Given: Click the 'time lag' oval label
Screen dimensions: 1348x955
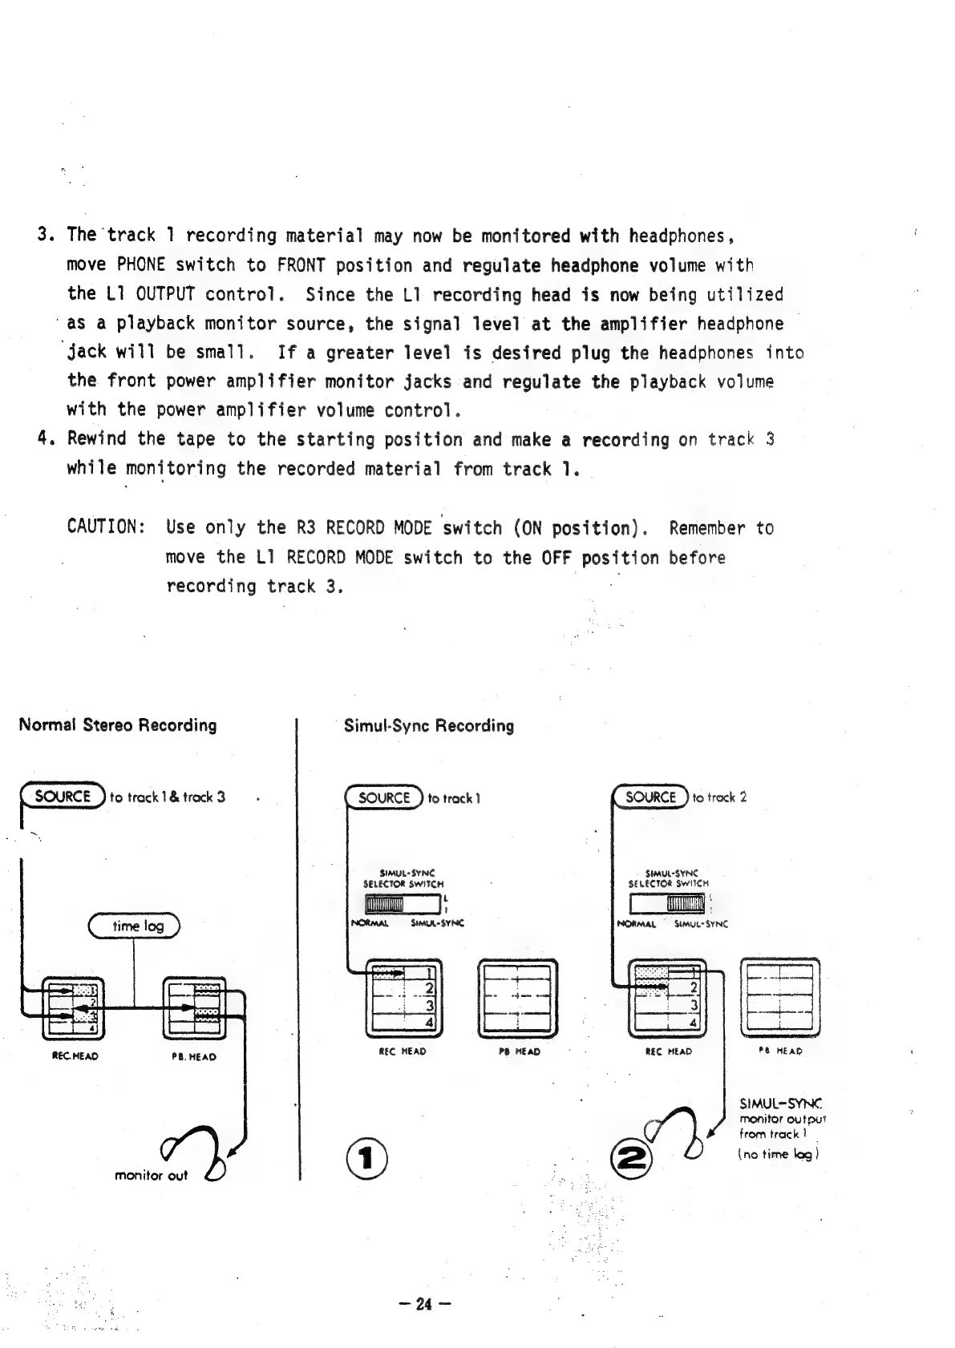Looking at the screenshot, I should point(134,926).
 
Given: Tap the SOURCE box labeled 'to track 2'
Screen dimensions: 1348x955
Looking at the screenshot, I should point(650,797).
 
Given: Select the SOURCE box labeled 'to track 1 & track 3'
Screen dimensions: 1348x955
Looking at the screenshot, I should point(63,797).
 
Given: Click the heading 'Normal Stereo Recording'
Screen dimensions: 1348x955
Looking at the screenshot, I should point(117,725).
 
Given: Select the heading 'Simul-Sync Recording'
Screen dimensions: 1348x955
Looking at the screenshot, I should point(429,726).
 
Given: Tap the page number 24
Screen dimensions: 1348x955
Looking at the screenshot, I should point(425,1304).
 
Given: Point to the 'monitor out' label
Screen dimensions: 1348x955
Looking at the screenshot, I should point(151,1176).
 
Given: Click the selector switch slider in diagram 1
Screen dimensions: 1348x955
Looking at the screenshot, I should point(384,905).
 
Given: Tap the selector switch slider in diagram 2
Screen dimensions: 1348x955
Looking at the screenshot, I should point(686,904).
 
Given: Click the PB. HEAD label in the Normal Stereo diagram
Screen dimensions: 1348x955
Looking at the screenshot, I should point(194,1056).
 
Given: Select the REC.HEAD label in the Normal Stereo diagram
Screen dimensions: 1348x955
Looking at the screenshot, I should point(75,1056).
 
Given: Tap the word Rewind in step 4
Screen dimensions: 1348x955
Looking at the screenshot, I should point(97,439).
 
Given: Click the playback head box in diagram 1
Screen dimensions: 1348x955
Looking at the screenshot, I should point(518,997).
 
